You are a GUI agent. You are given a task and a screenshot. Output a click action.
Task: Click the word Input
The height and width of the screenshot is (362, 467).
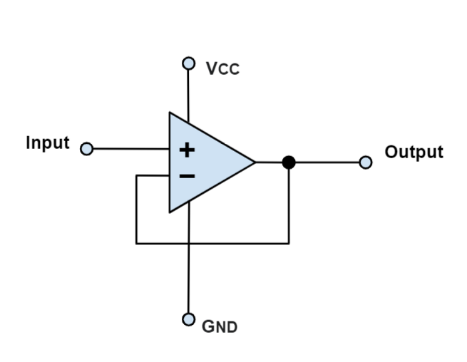tap(48, 143)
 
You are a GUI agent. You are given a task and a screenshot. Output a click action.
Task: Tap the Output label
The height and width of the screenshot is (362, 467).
tap(414, 152)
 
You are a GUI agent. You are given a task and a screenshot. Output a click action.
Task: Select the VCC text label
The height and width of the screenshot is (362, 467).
tap(222, 68)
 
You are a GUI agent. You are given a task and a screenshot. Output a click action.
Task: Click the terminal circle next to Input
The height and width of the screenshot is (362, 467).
tap(87, 149)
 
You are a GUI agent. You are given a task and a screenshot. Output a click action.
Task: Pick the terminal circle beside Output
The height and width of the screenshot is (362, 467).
tap(366, 162)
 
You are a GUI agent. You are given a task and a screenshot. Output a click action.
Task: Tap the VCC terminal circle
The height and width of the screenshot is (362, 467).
tap(189, 63)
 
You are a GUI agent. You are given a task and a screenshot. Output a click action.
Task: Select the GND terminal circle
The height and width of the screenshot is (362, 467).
tap(189, 319)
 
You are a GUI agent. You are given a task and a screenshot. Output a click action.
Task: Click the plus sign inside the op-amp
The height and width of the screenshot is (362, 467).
tap(186, 150)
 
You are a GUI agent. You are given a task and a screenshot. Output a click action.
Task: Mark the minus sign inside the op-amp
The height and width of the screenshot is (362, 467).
tap(186, 175)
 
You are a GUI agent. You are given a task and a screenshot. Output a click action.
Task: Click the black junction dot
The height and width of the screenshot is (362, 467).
tap(289, 162)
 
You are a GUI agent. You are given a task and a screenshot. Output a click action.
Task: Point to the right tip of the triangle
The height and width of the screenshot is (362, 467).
tap(255, 162)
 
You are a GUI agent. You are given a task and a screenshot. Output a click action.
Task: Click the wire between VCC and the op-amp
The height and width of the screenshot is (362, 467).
tap(189, 93)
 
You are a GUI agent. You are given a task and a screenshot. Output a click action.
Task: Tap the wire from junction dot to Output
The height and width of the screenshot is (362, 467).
tap(328, 162)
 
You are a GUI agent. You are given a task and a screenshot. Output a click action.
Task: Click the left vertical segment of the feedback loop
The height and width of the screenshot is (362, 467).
tap(136, 210)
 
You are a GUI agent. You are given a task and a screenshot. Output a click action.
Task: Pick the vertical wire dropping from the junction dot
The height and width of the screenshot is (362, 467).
tap(289, 207)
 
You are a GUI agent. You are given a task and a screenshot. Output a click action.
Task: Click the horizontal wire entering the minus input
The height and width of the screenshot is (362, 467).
tap(153, 175)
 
